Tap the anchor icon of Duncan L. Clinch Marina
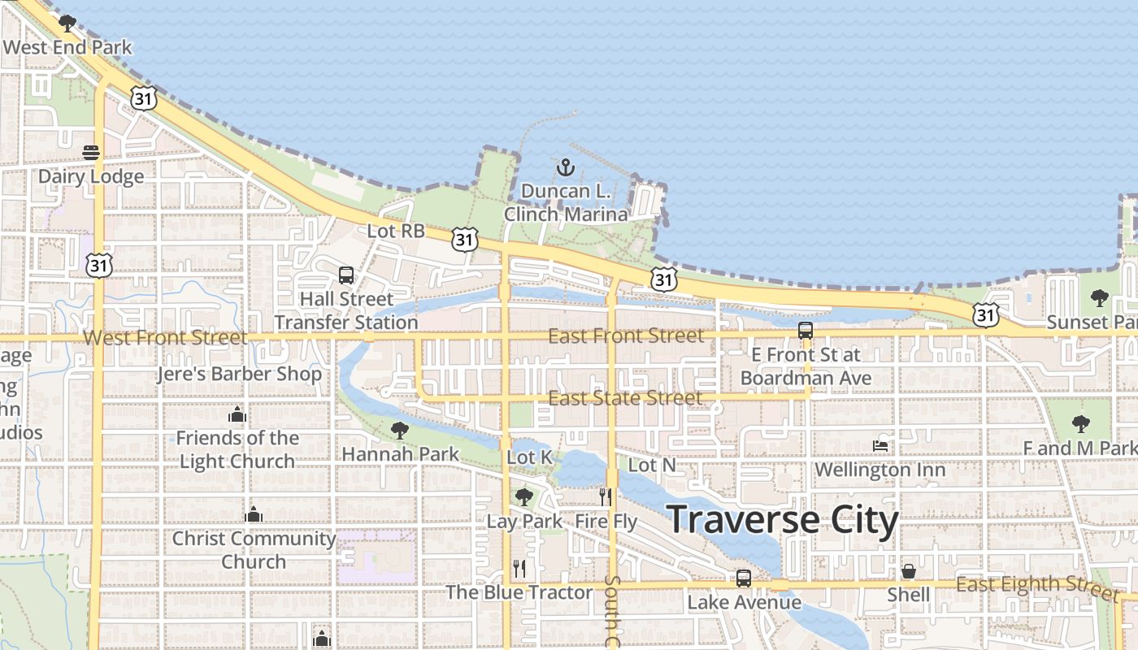pyautogui.click(x=565, y=168)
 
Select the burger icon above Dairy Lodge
pyautogui.click(x=90, y=153)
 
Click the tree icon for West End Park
pyautogui.click(x=67, y=23)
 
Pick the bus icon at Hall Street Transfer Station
pyautogui.click(x=346, y=275)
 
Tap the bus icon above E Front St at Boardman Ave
pyautogui.click(x=806, y=331)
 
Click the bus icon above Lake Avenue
pyautogui.click(x=744, y=578)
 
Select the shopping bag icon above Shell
pyautogui.click(x=909, y=571)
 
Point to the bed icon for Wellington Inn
pyautogui.click(x=880, y=445)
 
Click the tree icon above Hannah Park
pyautogui.click(x=399, y=430)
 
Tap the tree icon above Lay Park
pyautogui.click(x=524, y=496)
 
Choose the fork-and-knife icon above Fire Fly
pyautogui.click(x=606, y=496)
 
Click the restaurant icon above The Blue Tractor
pyautogui.click(x=519, y=568)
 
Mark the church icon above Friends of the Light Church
pyautogui.click(x=237, y=415)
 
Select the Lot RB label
pyautogui.click(x=396, y=231)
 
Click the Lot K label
pyautogui.click(x=530, y=457)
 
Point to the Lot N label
pyautogui.click(x=652, y=465)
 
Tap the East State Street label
pyautogui.click(x=625, y=398)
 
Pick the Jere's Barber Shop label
pyautogui.click(x=240, y=375)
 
